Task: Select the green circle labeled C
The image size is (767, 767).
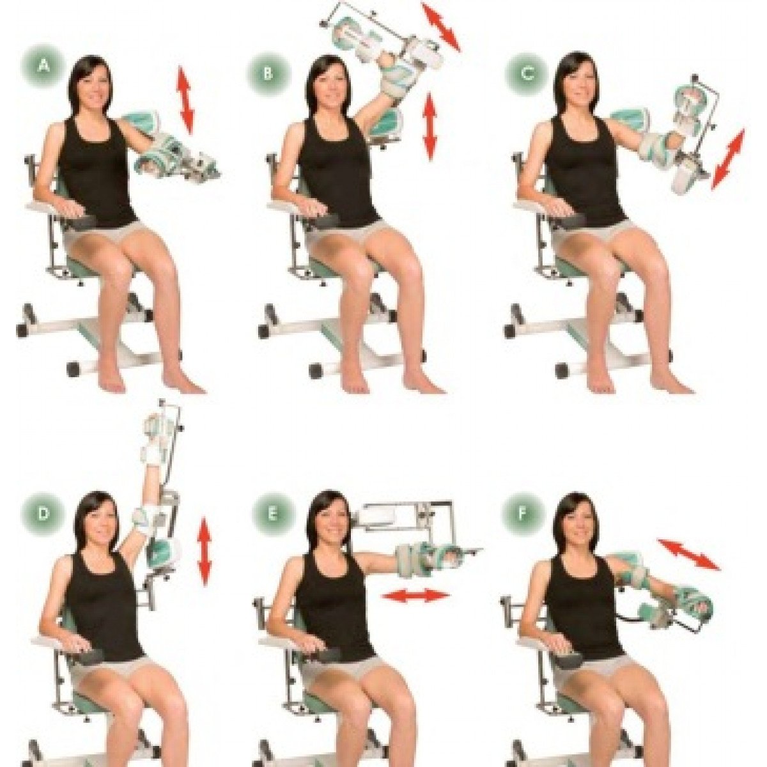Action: pos(526,74)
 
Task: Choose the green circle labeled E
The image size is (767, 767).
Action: pos(272,515)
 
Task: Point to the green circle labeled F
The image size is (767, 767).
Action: pos(522,515)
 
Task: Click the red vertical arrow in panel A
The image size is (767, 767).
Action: pos(185,100)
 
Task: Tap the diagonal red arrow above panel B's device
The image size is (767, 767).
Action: pos(441,26)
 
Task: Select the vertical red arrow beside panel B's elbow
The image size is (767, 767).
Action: pos(430,126)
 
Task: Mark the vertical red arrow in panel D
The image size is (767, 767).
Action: pos(204,551)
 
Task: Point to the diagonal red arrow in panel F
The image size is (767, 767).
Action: pos(688,554)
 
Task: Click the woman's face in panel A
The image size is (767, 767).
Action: pos(94,88)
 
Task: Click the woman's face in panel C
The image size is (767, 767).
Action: pos(578,85)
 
